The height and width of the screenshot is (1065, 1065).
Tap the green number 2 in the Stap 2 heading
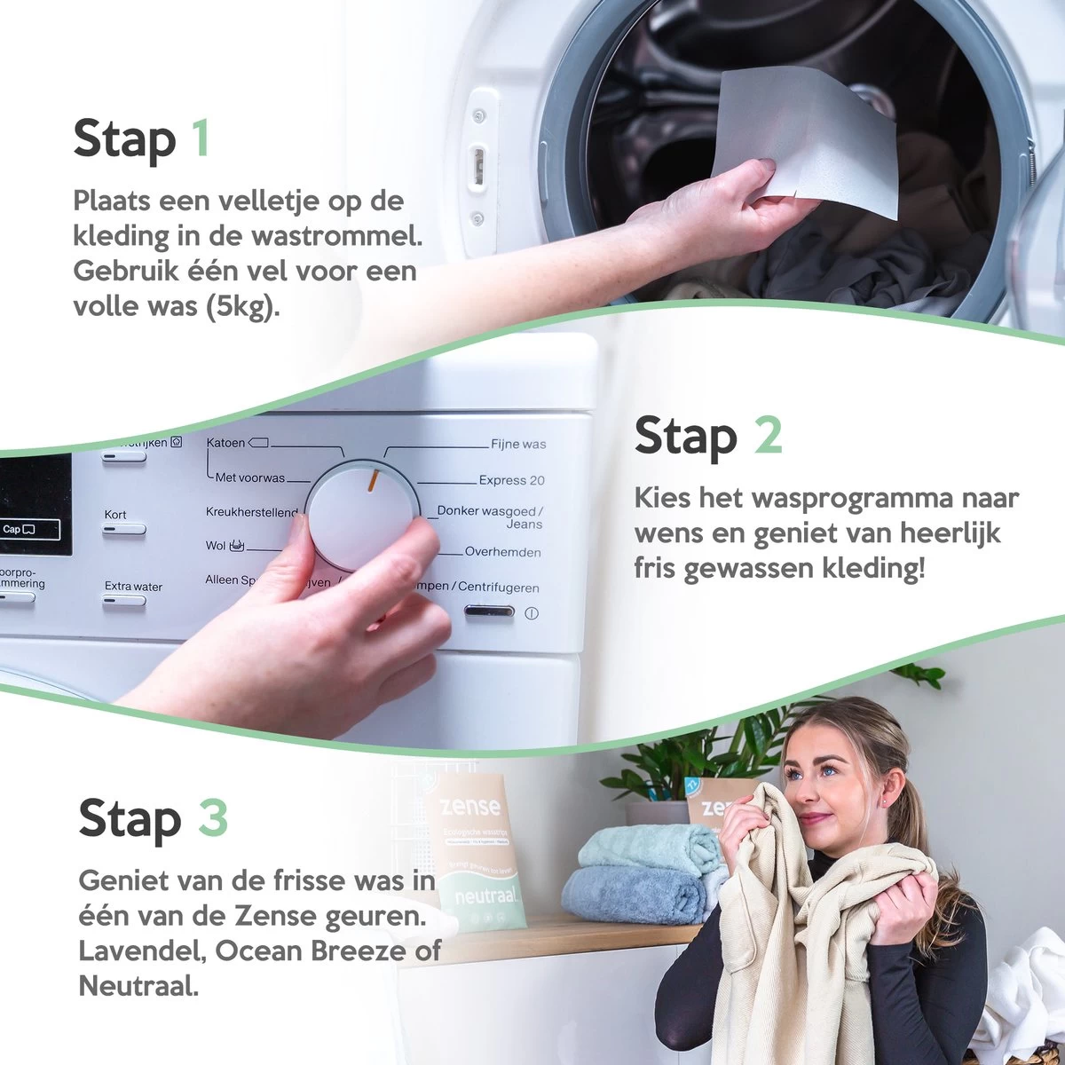click(x=768, y=436)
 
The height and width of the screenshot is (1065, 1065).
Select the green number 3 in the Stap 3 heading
click(x=213, y=817)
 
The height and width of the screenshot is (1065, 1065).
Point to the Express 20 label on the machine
click(x=511, y=480)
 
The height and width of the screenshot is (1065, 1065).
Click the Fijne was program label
click(x=518, y=444)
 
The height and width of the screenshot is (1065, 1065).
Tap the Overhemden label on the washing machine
click(x=502, y=552)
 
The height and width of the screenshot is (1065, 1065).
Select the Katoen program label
click(x=225, y=442)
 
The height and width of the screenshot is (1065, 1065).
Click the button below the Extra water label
click(x=123, y=601)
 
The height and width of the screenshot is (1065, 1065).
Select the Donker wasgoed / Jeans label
click(x=490, y=517)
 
